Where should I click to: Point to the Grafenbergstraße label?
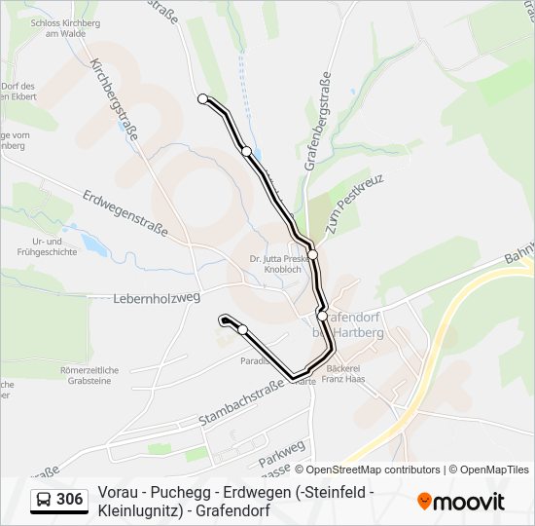point(318,121)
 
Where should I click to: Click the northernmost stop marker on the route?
point(202,98)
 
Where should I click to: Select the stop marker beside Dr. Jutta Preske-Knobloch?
point(313,254)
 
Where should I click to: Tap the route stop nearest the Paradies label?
point(242,329)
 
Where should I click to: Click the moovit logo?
point(461,502)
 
